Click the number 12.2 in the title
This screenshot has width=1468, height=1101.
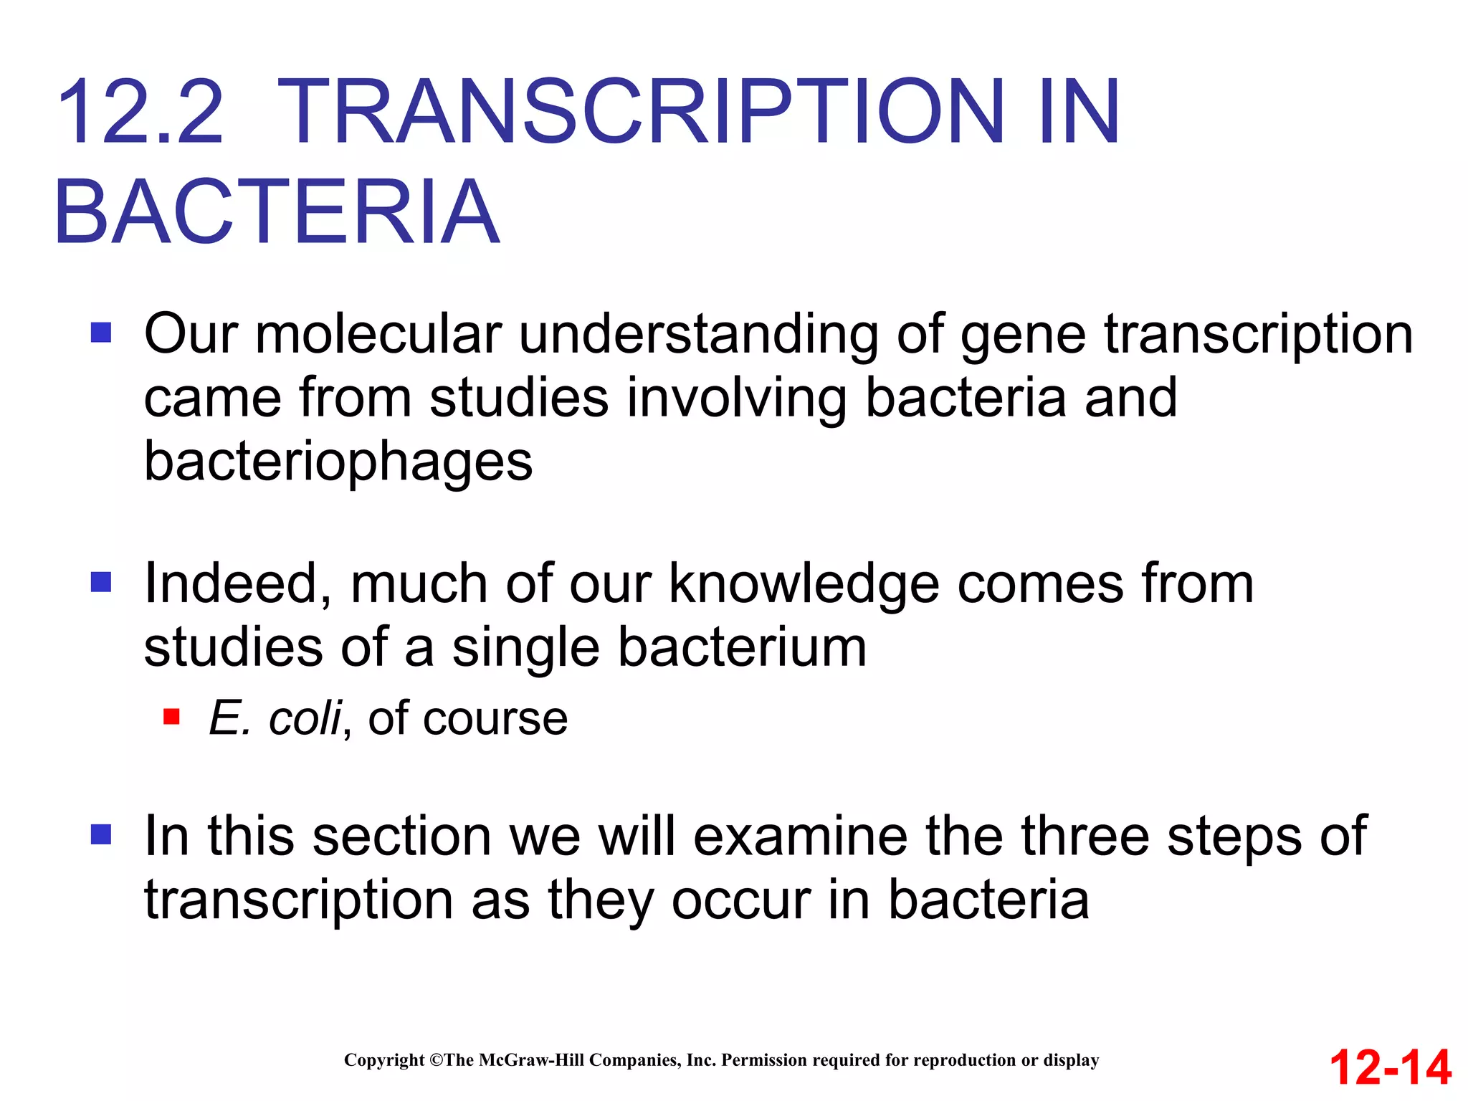click(140, 113)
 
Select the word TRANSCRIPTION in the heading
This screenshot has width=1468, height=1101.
click(642, 113)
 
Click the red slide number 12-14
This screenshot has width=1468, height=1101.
click(1391, 1067)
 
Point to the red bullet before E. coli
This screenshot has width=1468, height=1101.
click(171, 716)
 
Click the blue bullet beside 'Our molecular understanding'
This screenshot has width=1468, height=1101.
click(101, 333)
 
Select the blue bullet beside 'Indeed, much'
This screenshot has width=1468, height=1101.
click(101, 582)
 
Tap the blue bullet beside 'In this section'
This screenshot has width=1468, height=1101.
click(101, 834)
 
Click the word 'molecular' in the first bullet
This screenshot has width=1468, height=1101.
click(378, 334)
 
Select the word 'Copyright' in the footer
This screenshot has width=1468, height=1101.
click(384, 1060)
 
